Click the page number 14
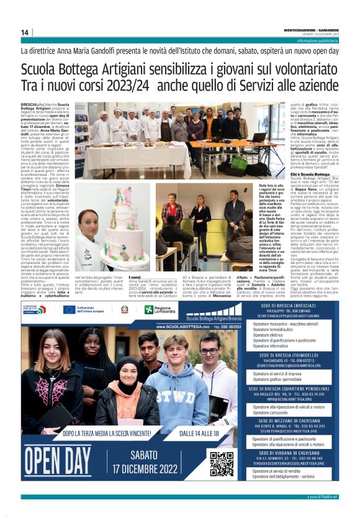(25, 32)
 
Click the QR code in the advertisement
(222, 464)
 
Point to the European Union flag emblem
(69, 309)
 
